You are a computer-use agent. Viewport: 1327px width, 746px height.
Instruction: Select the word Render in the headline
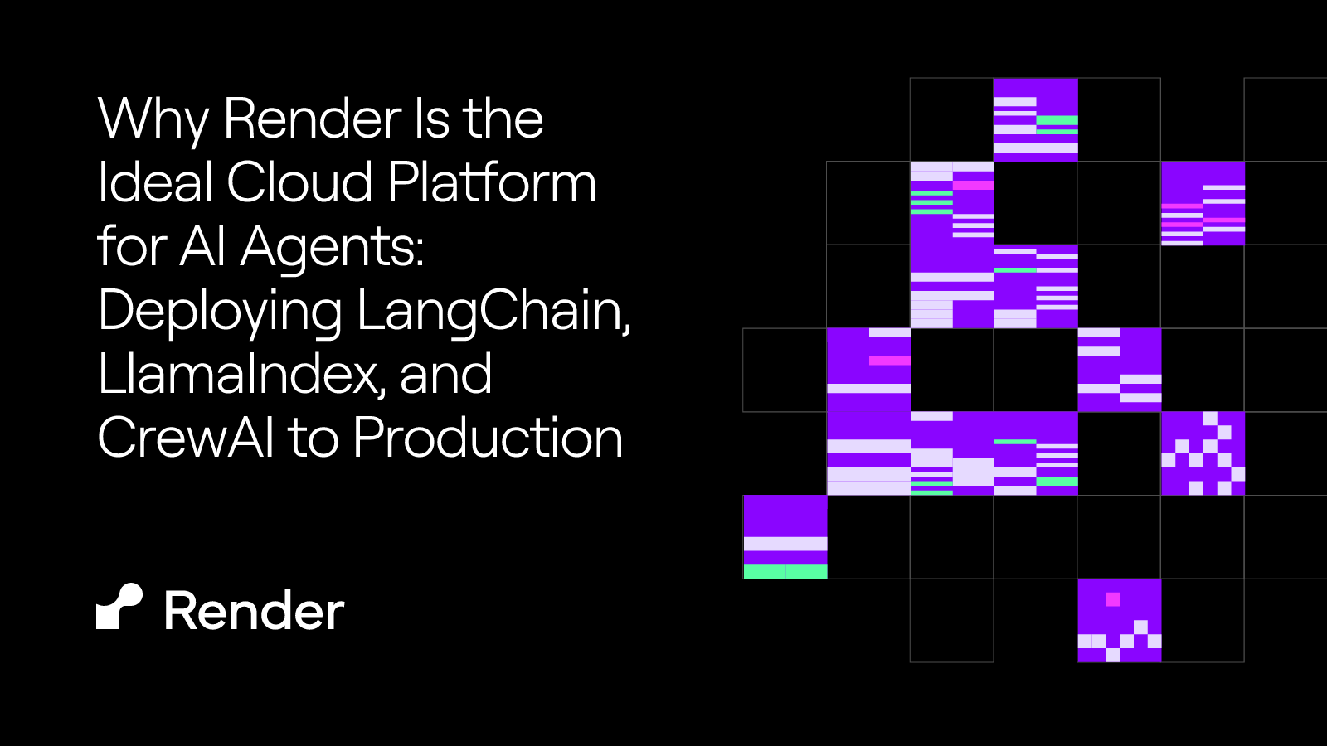(313, 119)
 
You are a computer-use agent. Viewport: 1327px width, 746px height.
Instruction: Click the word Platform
(492, 182)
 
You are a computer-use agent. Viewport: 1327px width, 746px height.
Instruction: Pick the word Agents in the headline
(332, 247)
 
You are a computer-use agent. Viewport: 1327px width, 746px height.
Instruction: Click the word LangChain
(493, 312)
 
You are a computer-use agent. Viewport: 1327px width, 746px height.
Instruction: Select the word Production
(488, 438)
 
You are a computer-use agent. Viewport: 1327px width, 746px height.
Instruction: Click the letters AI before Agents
(203, 247)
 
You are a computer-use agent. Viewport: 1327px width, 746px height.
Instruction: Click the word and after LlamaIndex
(446, 375)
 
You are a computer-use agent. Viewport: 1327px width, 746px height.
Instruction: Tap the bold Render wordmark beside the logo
(254, 612)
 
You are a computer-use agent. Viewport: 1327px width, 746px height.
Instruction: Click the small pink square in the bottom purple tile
(1113, 599)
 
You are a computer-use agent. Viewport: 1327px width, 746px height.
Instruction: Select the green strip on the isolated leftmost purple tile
(785, 571)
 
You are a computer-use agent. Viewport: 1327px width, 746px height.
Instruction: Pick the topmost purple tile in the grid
(1036, 119)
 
